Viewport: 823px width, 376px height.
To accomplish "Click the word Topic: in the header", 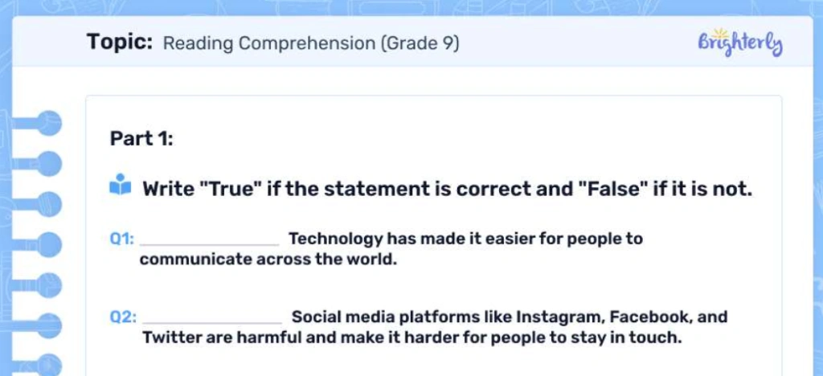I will pyautogui.click(x=120, y=42).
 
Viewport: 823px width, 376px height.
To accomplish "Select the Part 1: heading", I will pyautogui.click(x=141, y=138).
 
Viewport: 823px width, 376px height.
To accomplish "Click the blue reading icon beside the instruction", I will pyautogui.click(x=119, y=186).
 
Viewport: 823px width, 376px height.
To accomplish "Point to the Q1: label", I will pyautogui.click(x=121, y=239).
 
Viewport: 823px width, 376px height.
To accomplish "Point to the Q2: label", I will pyautogui.click(x=123, y=317).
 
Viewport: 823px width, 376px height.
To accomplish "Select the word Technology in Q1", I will pyautogui.click(x=335, y=239).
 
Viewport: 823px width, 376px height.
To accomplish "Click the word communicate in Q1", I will pyautogui.click(x=196, y=260).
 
